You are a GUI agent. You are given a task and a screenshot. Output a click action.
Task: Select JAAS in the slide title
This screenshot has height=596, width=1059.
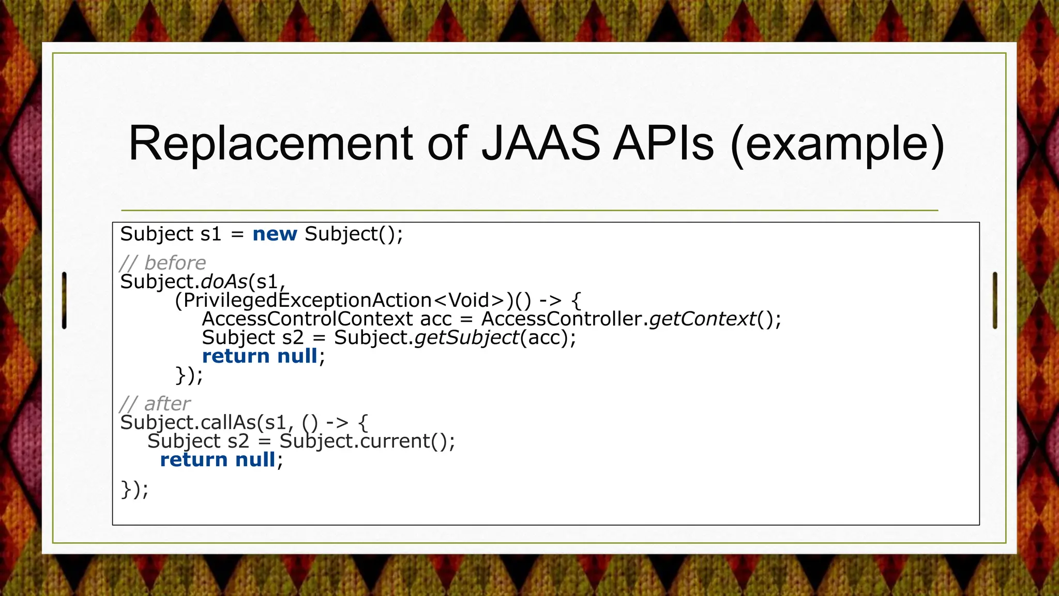(541, 144)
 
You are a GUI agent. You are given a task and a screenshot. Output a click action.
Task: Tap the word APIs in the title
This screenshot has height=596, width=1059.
(663, 144)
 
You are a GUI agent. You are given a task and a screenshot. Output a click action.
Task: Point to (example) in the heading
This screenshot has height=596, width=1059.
(838, 145)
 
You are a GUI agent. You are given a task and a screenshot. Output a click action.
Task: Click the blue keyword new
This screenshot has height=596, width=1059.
(275, 234)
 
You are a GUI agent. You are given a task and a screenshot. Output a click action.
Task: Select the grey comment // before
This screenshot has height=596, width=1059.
(163, 263)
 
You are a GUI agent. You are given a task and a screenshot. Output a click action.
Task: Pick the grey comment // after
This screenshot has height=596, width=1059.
(155, 404)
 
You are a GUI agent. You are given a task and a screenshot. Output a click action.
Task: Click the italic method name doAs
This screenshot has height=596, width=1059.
(224, 282)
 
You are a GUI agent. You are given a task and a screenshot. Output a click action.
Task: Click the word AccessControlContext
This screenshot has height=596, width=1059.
(307, 319)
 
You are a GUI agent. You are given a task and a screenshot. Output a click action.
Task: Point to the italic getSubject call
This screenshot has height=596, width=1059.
(467, 338)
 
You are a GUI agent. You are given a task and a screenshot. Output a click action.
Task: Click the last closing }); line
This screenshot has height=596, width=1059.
(134, 489)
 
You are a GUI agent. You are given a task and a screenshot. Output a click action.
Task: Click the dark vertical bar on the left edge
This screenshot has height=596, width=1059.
(64, 300)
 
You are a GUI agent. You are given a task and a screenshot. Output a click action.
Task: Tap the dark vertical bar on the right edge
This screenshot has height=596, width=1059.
(995, 300)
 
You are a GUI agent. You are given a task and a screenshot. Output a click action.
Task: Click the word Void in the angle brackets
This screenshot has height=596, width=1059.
(468, 301)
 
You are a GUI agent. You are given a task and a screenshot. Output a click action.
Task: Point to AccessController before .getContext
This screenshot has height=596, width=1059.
(562, 319)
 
